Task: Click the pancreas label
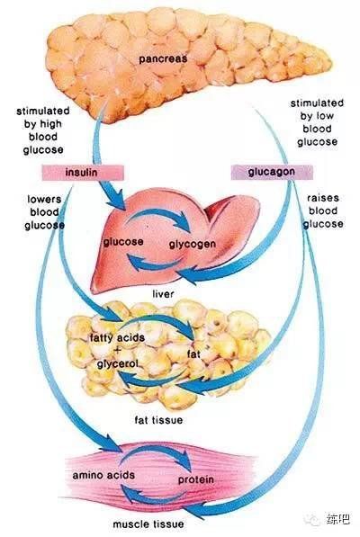tap(163, 59)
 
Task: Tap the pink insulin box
tap(83, 173)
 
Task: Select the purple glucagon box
tap(272, 172)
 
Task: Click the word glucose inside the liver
tap(123, 242)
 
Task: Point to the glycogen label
tap(193, 244)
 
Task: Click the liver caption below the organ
tap(163, 294)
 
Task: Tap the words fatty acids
tap(117, 338)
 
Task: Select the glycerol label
tap(118, 363)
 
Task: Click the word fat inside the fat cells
tap(193, 354)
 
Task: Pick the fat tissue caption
tap(158, 420)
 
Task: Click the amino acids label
tap(103, 475)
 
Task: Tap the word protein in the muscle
tap(196, 479)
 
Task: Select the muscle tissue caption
tap(148, 524)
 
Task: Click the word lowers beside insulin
tap(44, 200)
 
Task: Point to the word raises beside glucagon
tap(323, 198)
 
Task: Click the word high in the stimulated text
tap(50, 124)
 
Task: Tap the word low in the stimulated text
tap(324, 116)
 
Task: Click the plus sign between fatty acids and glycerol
tap(118, 351)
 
